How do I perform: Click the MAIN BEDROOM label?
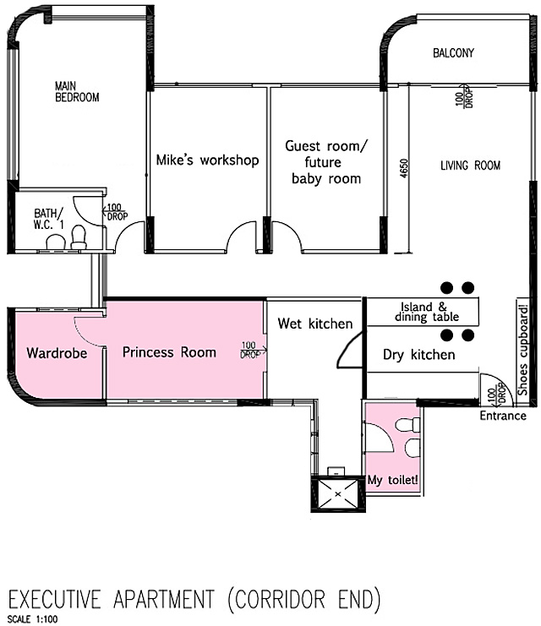tap(77, 92)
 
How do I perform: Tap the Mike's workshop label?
tap(207, 160)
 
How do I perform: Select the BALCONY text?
tap(453, 52)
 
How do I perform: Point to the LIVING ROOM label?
tap(470, 166)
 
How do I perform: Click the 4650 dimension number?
tap(404, 168)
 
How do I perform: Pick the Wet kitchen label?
tap(315, 324)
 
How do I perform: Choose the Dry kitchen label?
tap(418, 355)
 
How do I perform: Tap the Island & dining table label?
tap(427, 312)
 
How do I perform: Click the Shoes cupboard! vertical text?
tap(523, 350)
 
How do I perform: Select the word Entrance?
tap(503, 416)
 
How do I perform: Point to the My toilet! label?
tap(393, 480)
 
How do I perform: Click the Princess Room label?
tap(169, 352)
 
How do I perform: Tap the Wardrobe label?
tap(57, 353)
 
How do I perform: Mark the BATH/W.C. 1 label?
tap(49, 219)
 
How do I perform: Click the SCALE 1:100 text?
tap(32, 618)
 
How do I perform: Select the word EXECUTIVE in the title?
tap(55, 599)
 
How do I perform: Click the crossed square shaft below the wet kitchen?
tap(338, 494)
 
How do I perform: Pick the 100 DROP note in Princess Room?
tap(249, 350)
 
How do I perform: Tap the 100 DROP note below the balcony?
tap(464, 98)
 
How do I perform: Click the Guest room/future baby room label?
tap(325, 162)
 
